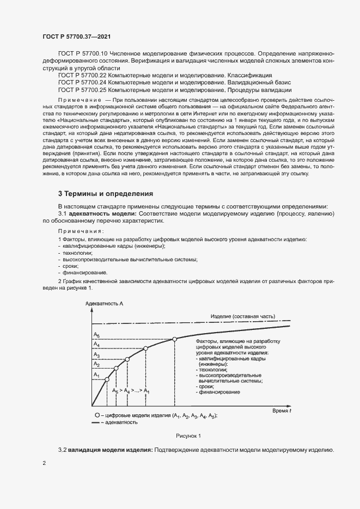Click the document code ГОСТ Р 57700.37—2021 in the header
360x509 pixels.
click(x=77, y=36)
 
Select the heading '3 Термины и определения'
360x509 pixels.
click(x=105, y=193)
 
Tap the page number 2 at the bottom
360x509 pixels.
click(x=45, y=463)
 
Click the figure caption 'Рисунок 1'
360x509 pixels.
click(x=188, y=436)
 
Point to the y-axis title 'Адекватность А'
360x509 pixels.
click(x=103, y=302)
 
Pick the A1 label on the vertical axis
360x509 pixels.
click(x=96, y=375)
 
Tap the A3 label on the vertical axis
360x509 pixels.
click(x=96, y=354)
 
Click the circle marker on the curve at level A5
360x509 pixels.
click(x=174, y=339)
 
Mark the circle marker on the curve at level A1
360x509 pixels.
click(x=107, y=379)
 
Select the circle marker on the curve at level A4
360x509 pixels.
click(x=145, y=348)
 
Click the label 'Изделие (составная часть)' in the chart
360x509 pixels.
click(x=243, y=316)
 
